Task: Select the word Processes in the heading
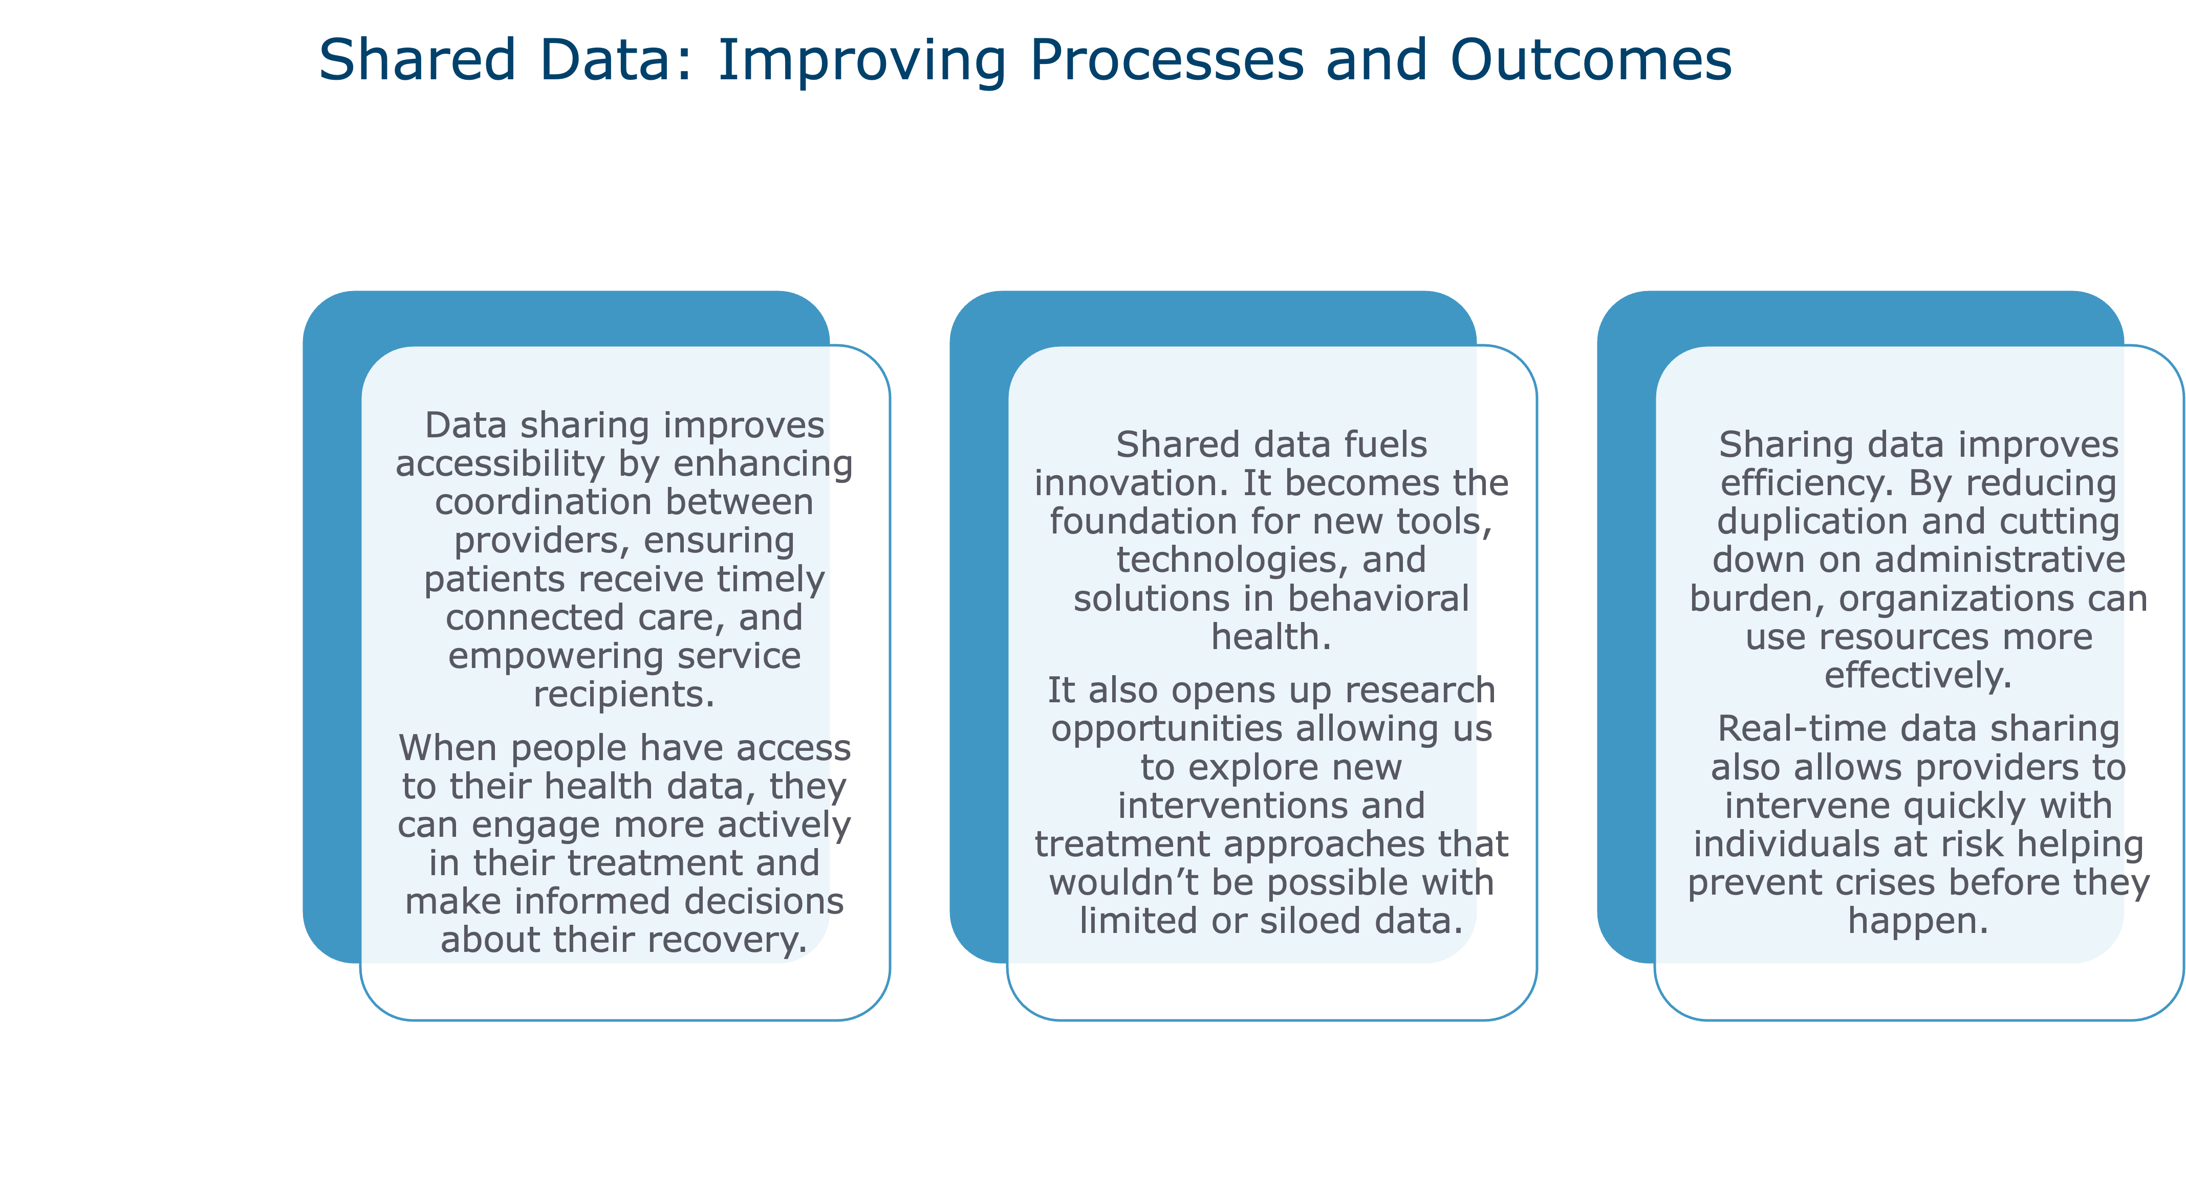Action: point(1167,60)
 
